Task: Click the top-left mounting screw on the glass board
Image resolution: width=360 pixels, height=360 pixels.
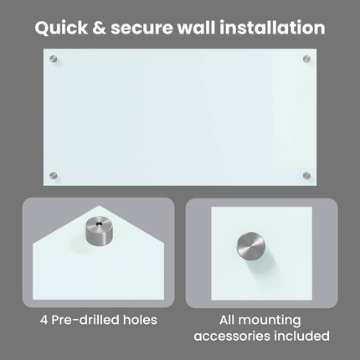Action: click(53, 59)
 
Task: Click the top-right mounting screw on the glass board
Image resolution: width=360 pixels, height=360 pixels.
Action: click(306, 59)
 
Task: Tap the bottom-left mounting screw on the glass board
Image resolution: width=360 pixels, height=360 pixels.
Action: click(53, 176)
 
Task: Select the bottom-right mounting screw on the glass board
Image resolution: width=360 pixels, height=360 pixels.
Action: click(306, 176)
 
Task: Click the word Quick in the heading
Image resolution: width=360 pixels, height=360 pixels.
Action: click(61, 28)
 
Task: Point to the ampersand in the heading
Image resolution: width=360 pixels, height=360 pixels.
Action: click(99, 28)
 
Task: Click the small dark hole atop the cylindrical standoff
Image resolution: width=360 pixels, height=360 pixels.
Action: click(99, 224)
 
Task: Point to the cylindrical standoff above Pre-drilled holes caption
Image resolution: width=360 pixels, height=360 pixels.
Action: click(99, 231)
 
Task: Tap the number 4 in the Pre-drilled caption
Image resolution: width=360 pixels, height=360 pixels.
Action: click(44, 320)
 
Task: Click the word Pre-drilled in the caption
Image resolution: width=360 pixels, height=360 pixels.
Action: click(85, 320)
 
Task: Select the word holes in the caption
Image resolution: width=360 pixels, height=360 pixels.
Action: click(140, 320)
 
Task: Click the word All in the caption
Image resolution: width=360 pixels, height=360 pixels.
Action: click(227, 320)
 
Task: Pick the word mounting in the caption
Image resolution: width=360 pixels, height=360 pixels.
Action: click(270, 321)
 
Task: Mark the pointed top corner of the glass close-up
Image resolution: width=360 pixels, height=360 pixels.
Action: click(99, 206)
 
